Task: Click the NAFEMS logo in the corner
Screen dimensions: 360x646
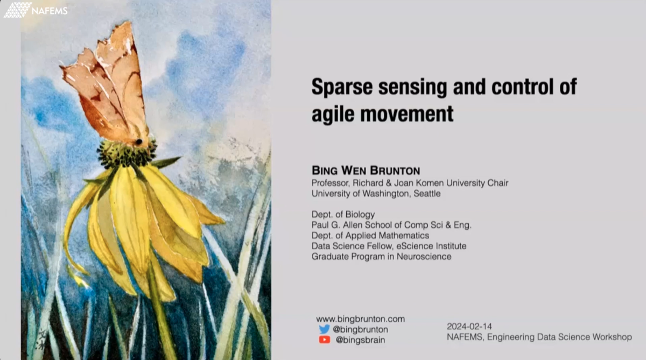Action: coord(36,10)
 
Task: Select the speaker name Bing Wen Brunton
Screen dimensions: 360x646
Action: coord(366,171)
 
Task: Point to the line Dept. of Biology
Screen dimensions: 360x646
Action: coord(343,215)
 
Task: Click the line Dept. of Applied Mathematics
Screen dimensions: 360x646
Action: coord(370,236)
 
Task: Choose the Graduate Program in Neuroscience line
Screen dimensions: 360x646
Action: coord(381,257)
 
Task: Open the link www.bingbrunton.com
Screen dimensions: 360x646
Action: coord(360,319)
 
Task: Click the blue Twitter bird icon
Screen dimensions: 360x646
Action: coord(324,329)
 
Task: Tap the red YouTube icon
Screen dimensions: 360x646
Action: coord(324,340)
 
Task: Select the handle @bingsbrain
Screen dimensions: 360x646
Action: coord(360,340)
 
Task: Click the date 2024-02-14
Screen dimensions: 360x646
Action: coord(469,327)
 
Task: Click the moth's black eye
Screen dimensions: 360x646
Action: coord(139,142)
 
